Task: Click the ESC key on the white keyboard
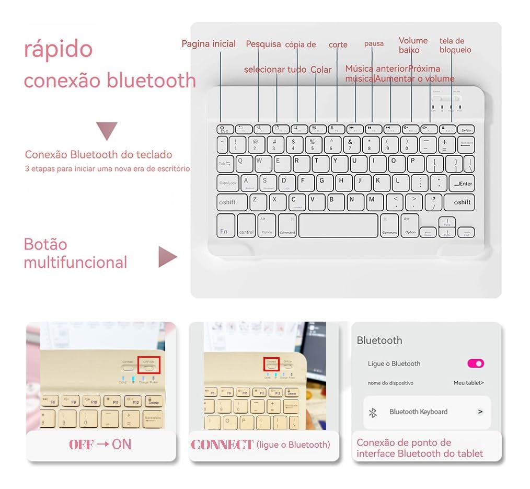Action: (224, 129)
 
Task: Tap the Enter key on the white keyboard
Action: (462, 183)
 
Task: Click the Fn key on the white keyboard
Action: (225, 226)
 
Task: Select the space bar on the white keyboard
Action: (338, 225)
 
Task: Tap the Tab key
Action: (225, 164)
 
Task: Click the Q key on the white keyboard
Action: (245, 163)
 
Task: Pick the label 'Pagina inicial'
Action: (209, 44)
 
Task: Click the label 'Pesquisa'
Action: (263, 44)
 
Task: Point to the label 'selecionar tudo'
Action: (275, 70)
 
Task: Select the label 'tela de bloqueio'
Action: (455, 46)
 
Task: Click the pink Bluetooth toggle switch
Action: (476, 363)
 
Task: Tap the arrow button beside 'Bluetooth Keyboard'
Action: (480, 412)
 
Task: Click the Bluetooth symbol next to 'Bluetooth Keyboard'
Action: (373, 413)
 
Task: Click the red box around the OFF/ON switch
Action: (148, 365)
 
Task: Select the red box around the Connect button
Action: (271, 364)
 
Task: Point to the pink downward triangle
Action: (107, 130)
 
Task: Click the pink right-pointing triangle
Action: (167, 257)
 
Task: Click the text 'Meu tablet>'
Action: (468, 383)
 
